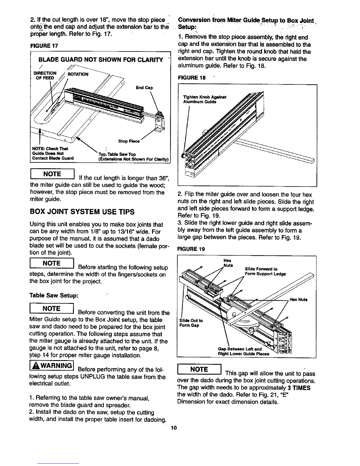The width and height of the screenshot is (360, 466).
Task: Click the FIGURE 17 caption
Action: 44,46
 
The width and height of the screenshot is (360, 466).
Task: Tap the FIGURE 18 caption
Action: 192,78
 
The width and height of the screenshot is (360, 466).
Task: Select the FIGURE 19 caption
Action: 191,249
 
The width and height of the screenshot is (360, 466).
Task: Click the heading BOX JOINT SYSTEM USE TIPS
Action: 82,212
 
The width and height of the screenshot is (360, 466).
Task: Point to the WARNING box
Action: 51,365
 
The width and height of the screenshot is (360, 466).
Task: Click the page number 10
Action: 174,428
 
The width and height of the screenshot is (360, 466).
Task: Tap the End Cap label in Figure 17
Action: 144,88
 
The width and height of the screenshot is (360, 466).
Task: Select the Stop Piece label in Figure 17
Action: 129,141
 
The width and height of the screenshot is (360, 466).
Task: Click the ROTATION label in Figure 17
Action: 78,74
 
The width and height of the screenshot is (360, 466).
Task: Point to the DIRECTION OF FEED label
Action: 45,76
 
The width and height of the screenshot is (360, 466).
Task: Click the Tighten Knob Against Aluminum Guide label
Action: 204,99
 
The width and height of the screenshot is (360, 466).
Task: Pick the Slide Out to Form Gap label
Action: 191,323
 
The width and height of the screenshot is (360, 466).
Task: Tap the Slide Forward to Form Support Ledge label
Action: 265,271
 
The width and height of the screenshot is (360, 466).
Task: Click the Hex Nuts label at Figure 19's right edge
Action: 299,299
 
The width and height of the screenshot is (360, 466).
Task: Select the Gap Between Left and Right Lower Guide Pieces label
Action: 244,352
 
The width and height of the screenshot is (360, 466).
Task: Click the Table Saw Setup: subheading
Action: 54,295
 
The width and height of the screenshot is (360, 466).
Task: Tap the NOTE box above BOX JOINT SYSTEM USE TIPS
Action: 52,174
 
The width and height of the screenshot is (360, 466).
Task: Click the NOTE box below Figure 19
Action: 199,369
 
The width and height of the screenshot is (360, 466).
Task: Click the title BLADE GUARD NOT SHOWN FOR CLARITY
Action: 101,60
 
